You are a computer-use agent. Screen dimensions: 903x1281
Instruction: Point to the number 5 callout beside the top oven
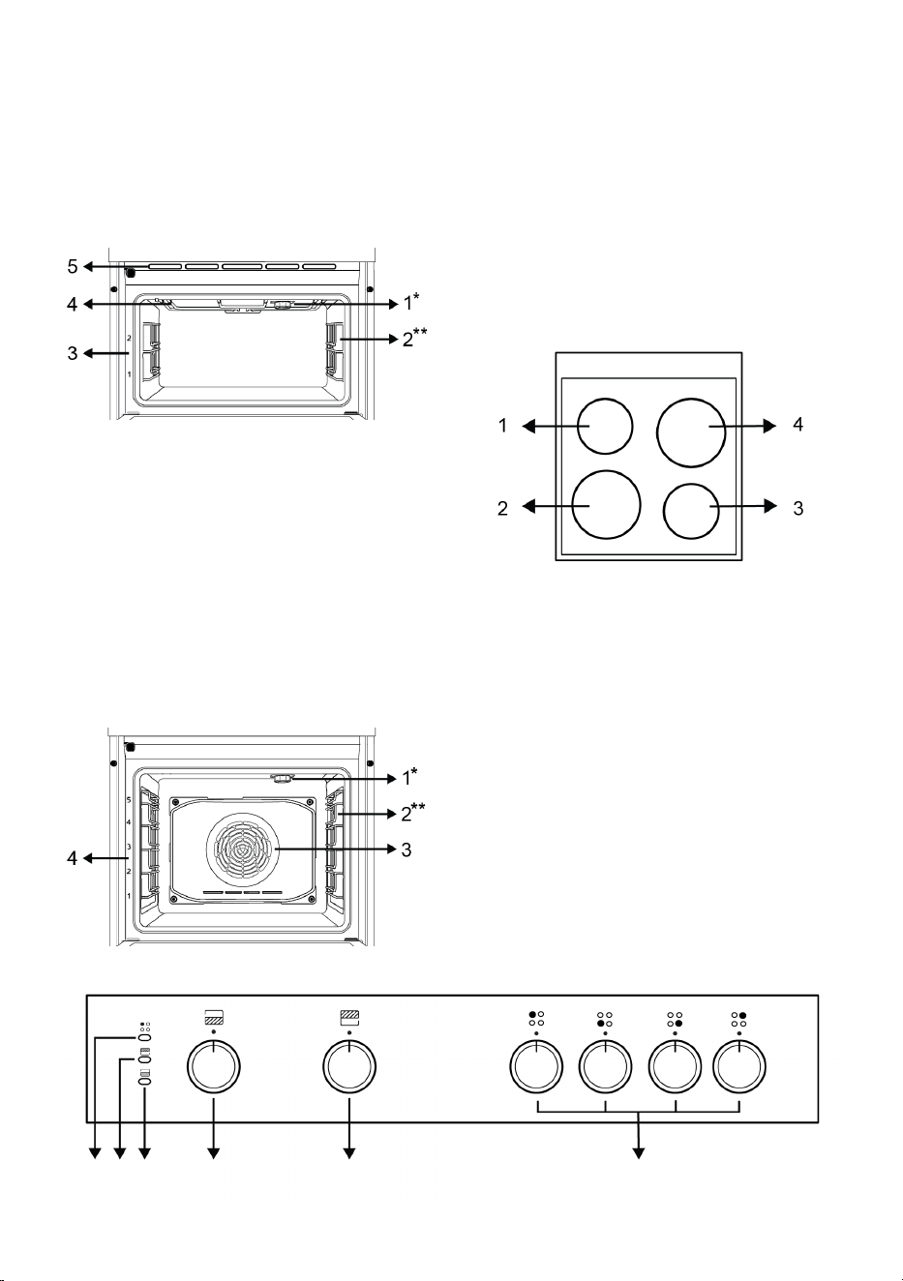click(x=72, y=266)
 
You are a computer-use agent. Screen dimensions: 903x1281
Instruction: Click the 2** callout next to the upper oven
click(x=414, y=338)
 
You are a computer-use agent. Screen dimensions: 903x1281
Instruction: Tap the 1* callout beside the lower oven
click(x=409, y=777)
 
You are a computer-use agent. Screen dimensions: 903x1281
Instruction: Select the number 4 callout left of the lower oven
click(x=72, y=858)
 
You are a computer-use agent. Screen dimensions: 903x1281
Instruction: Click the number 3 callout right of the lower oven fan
click(x=406, y=849)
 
